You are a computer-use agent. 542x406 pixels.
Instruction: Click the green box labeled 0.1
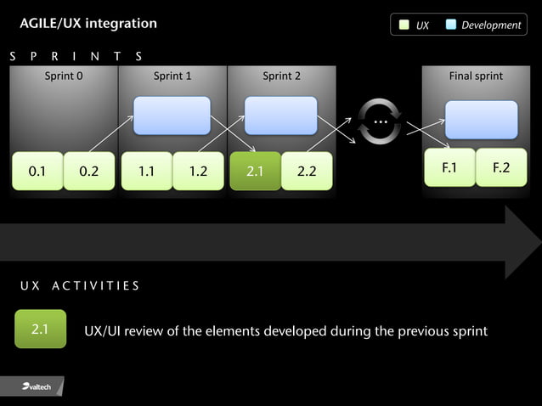pyautogui.click(x=37, y=171)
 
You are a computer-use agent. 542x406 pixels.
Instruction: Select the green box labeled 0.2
pyautogui.click(x=89, y=171)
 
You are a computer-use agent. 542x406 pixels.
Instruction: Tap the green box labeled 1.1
pyautogui.click(x=147, y=171)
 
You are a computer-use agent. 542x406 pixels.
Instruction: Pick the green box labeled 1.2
pyautogui.click(x=199, y=171)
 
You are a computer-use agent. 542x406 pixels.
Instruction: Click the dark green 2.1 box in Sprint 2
pyautogui.click(x=255, y=171)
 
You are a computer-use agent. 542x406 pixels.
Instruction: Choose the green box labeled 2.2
pyautogui.click(x=307, y=171)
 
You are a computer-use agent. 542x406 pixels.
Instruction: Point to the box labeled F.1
pyautogui.click(x=449, y=167)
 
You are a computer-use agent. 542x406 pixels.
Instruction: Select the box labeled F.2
pyautogui.click(x=501, y=167)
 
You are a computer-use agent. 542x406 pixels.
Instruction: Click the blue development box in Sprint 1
pyautogui.click(x=172, y=116)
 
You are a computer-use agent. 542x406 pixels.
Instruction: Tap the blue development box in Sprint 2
pyautogui.click(x=280, y=116)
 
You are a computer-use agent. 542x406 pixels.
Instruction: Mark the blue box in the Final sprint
pyautogui.click(x=481, y=120)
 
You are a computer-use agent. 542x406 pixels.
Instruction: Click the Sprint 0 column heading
pyautogui.click(x=64, y=76)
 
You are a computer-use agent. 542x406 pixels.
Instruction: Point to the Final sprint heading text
pyautogui.click(x=476, y=76)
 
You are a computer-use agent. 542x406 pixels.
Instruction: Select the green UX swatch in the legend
pyautogui.click(x=404, y=25)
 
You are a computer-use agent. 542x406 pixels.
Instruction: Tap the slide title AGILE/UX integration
pyautogui.click(x=88, y=23)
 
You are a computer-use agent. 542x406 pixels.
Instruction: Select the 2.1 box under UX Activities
pyautogui.click(x=40, y=330)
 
